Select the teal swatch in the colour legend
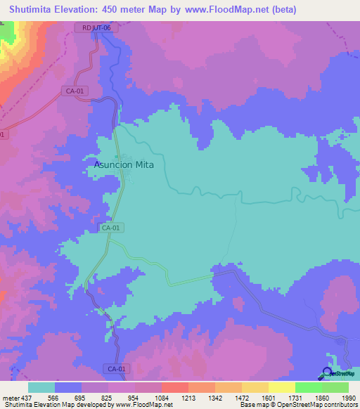[x=41, y=387]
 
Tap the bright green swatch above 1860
[x=309, y=387]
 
